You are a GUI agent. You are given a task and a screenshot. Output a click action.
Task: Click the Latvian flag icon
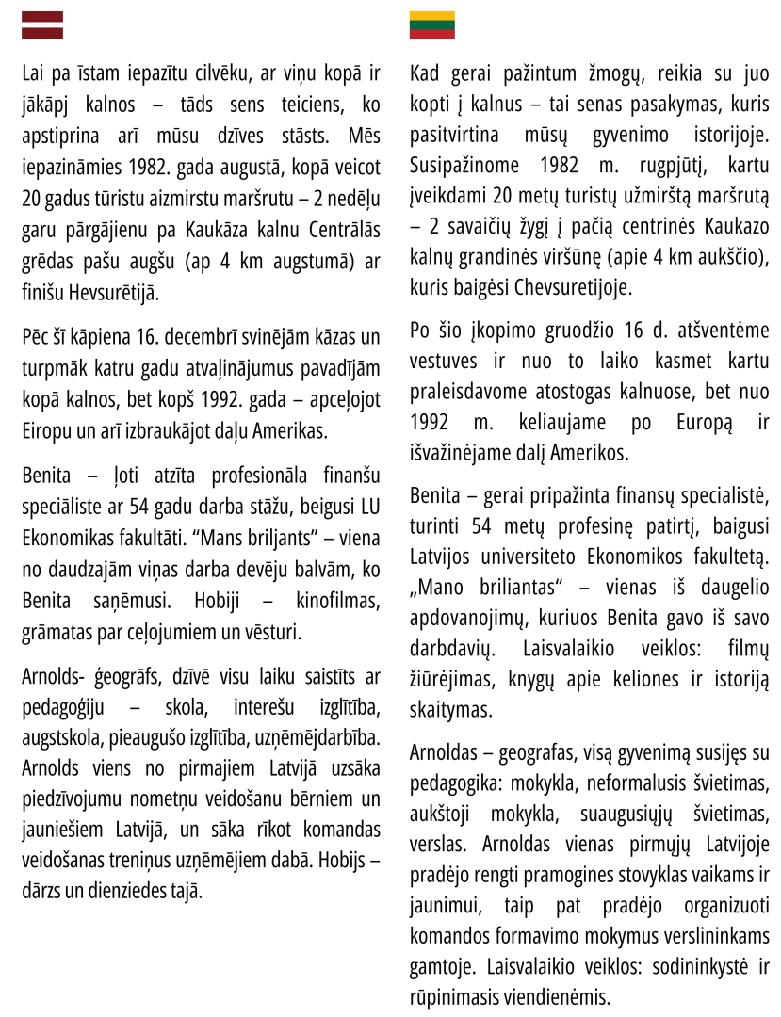click(x=42, y=24)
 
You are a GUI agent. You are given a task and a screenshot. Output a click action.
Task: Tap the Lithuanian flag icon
click(x=431, y=24)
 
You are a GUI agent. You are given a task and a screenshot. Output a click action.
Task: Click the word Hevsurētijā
click(x=113, y=292)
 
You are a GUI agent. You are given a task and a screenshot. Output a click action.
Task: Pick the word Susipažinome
click(x=464, y=166)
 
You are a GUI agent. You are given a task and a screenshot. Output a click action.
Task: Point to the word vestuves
click(x=446, y=362)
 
